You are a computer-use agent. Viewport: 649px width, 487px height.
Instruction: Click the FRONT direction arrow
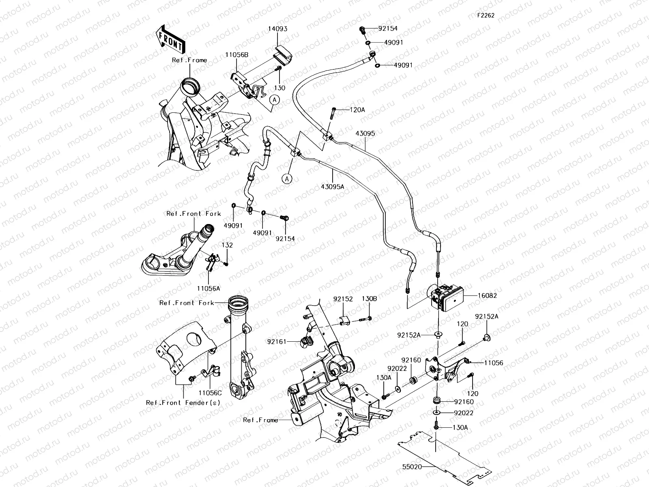point(170,39)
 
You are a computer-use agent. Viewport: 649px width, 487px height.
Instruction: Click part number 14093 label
point(277,29)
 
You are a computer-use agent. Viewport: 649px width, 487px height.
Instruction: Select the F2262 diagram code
point(485,16)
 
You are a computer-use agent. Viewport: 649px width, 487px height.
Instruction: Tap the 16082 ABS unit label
point(487,296)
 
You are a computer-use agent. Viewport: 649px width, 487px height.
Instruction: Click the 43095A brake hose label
point(332,186)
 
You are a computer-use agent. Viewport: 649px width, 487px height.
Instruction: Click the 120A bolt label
point(358,110)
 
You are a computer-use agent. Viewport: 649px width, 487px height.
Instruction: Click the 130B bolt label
point(369,299)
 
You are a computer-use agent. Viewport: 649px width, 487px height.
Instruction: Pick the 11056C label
point(210,392)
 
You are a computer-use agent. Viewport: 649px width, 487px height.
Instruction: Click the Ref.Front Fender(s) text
point(183,403)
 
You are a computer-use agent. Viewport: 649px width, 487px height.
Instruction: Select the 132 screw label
point(227,245)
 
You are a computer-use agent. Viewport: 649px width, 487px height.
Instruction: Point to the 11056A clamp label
point(208,288)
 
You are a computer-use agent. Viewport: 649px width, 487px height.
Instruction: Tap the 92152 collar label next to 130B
point(343,299)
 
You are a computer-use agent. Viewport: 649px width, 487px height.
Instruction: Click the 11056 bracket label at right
point(493,363)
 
